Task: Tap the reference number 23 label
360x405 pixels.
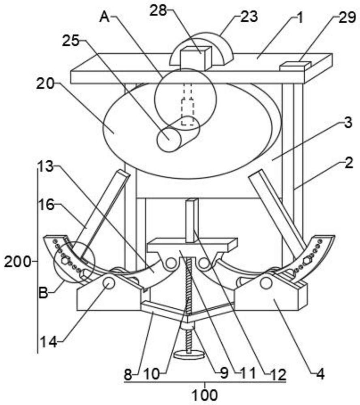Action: point(249,17)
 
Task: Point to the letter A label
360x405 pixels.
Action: point(105,17)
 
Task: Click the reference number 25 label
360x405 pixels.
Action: point(71,41)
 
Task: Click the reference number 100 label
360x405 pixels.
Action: point(205,394)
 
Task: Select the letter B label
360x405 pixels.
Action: point(43,293)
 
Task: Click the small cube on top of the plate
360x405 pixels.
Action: point(196,58)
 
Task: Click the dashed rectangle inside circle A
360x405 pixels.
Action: point(187,112)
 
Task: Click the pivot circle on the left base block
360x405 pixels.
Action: point(109,283)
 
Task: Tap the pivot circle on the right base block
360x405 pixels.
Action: point(266,283)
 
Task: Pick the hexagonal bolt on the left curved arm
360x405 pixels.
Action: point(65,260)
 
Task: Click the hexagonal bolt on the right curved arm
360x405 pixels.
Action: point(307,260)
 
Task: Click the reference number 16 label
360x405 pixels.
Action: point(46,205)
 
